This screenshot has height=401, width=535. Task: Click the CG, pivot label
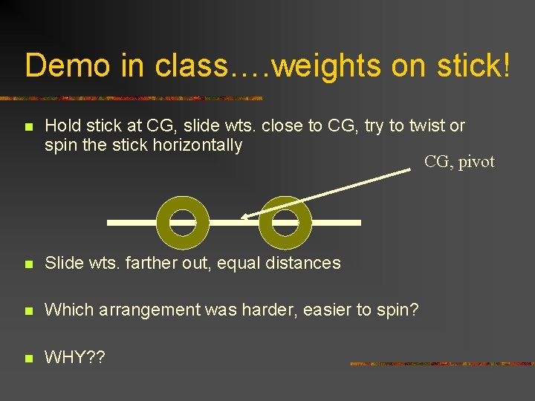click(x=459, y=162)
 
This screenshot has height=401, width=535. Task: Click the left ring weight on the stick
click(x=181, y=222)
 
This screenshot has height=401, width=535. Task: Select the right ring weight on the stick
click(x=285, y=222)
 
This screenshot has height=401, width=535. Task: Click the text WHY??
click(x=75, y=358)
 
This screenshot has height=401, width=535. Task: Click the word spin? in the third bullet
click(x=398, y=310)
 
